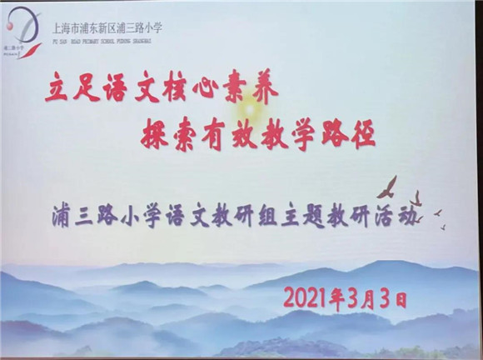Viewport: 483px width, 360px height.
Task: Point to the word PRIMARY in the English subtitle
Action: point(85,38)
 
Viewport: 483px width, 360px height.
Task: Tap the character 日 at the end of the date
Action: point(401,296)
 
